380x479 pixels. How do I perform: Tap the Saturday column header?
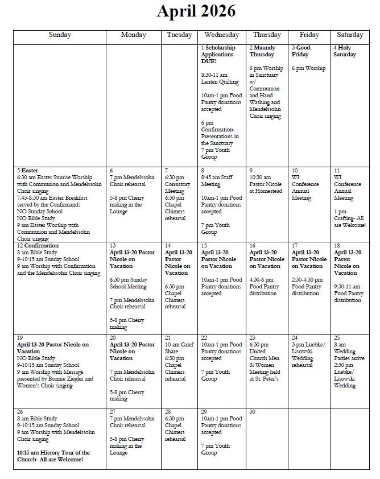[x=350, y=35]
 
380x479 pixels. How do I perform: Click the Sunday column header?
[x=60, y=35]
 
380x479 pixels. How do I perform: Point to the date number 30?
[x=253, y=412]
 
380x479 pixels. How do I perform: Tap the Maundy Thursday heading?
[x=263, y=51]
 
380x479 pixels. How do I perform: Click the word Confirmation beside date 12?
[x=38, y=246]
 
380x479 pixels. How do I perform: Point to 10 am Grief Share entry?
[x=179, y=348]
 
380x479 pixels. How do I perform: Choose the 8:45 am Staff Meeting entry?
[x=217, y=181]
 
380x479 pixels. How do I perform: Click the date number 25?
[x=337, y=338]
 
